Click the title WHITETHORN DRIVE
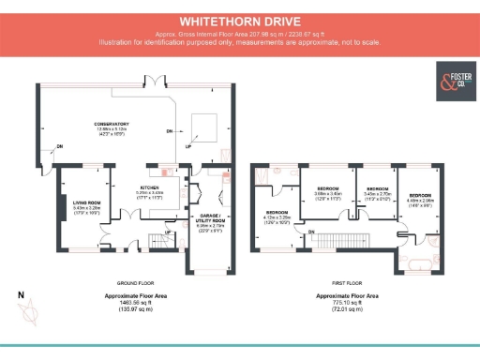click(240, 18)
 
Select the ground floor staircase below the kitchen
click(157, 243)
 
